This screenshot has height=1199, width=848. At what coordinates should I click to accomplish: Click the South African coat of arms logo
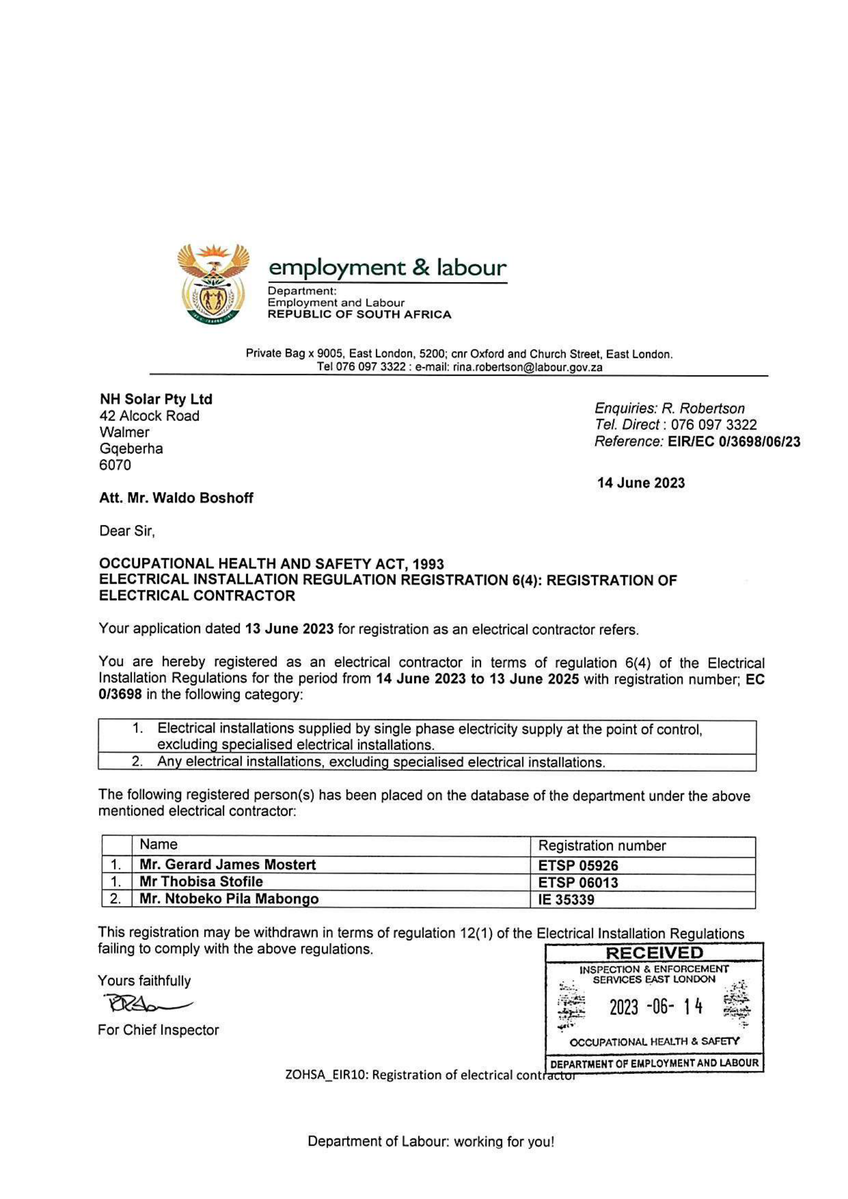[x=213, y=284]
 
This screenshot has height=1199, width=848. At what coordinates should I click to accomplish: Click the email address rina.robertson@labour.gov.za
[x=528, y=367]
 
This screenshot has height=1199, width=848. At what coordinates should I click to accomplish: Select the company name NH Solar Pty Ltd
[x=156, y=399]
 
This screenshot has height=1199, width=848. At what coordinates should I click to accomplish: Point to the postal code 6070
[x=115, y=465]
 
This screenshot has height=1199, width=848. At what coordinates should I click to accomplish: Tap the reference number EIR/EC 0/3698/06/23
[x=734, y=442]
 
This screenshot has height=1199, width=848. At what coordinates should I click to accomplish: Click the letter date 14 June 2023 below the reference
[x=641, y=482]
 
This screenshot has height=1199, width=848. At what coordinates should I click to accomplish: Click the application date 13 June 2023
[x=289, y=629]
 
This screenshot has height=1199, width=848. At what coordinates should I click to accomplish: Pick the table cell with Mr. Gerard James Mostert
[x=228, y=865]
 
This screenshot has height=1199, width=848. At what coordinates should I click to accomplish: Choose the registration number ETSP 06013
[x=578, y=883]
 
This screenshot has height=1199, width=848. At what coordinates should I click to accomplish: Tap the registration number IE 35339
[x=566, y=900]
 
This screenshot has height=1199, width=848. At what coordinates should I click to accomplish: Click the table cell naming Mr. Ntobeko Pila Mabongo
[x=229, y=899]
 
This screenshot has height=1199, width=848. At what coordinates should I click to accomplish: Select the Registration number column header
[x=601, y=846]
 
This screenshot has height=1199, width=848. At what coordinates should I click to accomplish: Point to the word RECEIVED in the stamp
[x=654, y=953]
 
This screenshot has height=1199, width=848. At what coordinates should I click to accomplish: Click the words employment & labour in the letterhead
[x=387, y=268]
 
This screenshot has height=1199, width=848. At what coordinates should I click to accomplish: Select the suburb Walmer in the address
[x=124, y=433]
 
